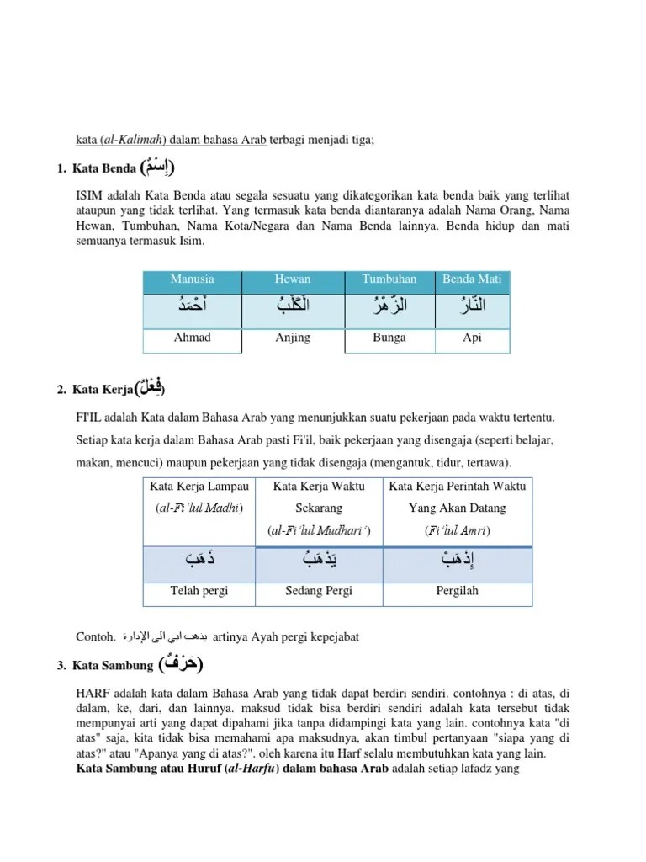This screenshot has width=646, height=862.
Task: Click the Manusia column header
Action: pos(192,279)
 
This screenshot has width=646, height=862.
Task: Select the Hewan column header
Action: pos(292,279)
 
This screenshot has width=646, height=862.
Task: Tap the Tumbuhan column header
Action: pos(389,279)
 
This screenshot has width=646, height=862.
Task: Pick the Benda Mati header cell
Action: pos(471,279)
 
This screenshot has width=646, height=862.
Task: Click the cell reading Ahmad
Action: pos(192,338)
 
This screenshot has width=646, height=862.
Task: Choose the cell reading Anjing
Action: pos(293,338)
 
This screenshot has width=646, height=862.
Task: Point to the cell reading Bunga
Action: pos(389,338)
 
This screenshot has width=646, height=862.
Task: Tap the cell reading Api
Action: pos(472,338)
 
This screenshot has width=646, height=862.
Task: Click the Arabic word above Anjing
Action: pos(293,307)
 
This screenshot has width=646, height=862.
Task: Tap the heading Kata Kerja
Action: pos(102,390)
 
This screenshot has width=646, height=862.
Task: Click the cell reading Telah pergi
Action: pos(200,591)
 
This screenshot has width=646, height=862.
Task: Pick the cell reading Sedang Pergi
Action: pos(319,591)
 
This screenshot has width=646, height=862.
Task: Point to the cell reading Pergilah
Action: pos(458,591)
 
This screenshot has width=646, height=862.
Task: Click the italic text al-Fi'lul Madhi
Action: pos(200,508)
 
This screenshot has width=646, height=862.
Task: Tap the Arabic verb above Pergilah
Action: pos(457,560)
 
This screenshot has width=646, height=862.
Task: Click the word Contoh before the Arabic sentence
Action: pos(94,636)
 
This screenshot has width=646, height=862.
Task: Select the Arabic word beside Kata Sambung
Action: pos(180,664)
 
